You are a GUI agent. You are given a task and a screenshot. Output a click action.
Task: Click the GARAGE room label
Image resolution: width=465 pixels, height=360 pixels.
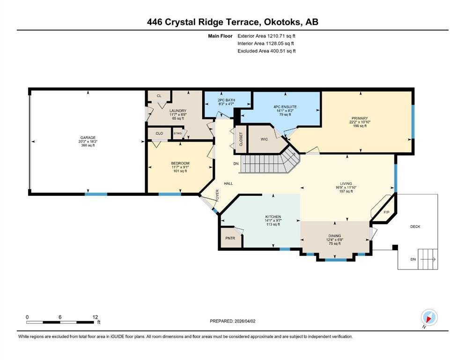(x=88, y=138)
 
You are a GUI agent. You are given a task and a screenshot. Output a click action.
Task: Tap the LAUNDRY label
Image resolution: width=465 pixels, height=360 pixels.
(x=178, y=111)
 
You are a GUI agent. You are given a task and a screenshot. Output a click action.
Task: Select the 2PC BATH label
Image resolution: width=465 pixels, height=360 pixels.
(x=226, y=100)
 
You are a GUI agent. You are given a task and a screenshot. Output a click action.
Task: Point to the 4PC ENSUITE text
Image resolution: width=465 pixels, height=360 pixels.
(x=285, y=107)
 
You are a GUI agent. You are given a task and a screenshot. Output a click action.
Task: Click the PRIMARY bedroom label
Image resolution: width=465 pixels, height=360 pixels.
(x=360, y=118)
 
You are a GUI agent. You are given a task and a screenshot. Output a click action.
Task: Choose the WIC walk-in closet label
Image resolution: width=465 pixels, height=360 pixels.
(x=264, y=139)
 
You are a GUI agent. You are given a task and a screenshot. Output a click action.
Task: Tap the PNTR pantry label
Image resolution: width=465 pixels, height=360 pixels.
(x=230, y=238)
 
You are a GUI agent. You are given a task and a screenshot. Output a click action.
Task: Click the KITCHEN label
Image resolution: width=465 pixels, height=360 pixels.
(x=273, y=217)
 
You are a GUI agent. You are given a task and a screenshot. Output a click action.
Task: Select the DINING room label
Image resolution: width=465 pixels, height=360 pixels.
(x=334, y=236)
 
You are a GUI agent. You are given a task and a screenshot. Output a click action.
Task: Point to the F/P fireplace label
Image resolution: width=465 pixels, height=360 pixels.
(x=386, y=212)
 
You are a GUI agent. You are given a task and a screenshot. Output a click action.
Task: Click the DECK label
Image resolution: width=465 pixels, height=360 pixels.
(x=415, y=226)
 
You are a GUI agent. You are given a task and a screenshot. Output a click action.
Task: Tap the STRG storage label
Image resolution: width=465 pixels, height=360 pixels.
(x=177, y=134)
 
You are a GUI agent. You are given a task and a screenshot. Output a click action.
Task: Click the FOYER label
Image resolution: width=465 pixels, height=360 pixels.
(x=217, y=196)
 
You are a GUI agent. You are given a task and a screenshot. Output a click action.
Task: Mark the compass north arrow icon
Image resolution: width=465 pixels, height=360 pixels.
(x=429, y=318)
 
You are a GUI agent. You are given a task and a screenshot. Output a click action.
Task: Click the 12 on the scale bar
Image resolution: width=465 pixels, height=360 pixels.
(x=95, y=317)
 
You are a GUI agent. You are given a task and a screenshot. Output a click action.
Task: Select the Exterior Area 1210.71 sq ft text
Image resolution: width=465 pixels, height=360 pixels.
(x=266, y=36)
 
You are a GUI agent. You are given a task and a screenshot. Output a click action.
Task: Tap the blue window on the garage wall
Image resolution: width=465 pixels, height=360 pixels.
(x=96, y=195)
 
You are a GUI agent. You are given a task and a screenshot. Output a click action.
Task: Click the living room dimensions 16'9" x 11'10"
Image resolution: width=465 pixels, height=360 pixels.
(x=346, y=187)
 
